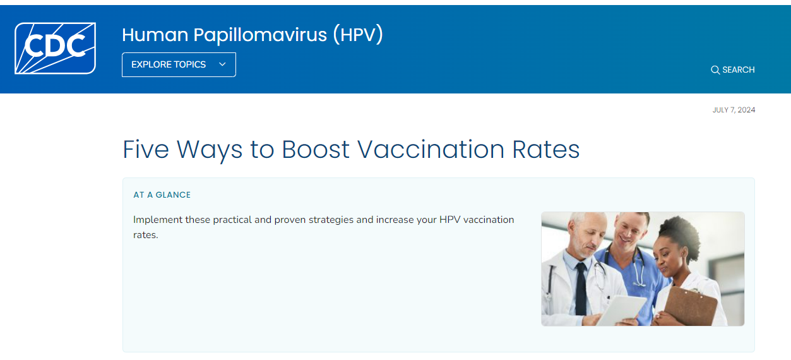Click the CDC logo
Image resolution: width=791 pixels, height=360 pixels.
55,48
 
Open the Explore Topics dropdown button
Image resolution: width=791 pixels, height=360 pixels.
179,64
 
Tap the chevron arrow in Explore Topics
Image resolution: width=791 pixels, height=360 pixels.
222,64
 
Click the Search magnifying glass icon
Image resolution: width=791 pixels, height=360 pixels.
715,70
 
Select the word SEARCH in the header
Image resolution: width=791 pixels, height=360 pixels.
739,70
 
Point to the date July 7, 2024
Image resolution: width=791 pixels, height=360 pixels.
734,110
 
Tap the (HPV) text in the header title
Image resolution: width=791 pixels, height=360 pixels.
358,35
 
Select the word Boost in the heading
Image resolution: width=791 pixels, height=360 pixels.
315,150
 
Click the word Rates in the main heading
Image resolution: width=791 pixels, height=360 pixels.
546,150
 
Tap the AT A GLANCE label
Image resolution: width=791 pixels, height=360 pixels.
162,195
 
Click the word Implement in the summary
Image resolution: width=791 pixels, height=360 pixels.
158,220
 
